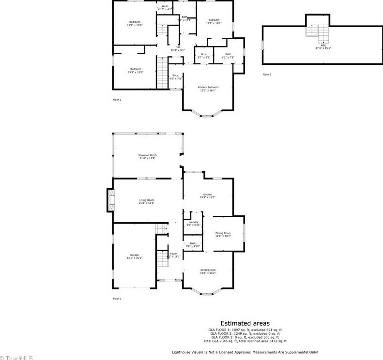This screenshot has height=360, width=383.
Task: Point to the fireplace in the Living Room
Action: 110,201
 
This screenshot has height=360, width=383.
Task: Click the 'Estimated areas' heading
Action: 245,323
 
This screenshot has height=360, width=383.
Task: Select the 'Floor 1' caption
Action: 117,299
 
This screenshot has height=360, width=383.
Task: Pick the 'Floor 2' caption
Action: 117,100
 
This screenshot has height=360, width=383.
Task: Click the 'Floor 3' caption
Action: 267,75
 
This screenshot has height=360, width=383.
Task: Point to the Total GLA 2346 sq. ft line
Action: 245,341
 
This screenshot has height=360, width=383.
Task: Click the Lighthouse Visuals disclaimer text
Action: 245,352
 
